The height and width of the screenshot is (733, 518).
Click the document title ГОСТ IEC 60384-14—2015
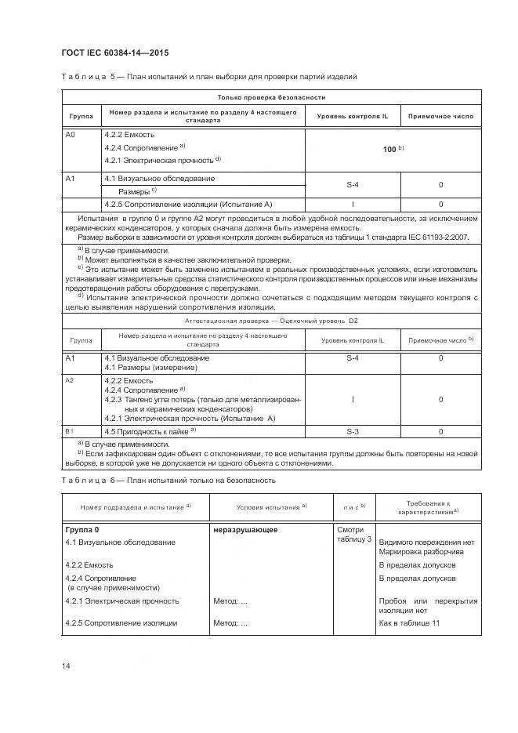tap(114, 53)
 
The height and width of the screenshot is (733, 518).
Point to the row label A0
tap(70, 135)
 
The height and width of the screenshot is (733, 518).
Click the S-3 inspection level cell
tap(352, 431)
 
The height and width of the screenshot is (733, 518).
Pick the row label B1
tap(69, 431)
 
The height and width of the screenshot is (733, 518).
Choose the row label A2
tap(69, 380)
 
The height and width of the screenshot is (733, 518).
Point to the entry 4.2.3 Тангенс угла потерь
tap(201, 399)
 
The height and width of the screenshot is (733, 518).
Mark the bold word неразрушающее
tap(245, 529)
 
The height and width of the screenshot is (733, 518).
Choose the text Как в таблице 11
tap(409, 623)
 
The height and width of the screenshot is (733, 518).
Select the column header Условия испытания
tap(260, 506)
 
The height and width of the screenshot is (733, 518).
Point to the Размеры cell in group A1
tap(137, 191)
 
